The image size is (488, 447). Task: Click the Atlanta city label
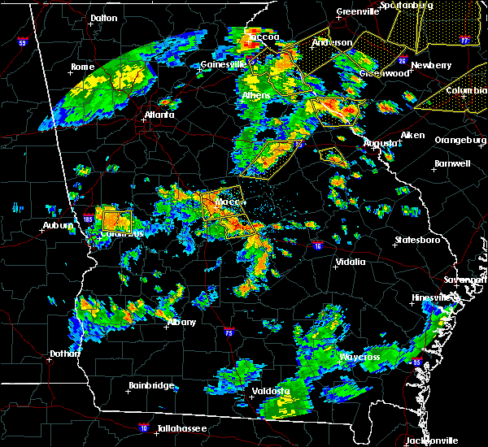pos(159,115)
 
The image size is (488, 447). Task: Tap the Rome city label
pos(82,67)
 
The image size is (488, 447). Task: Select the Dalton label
pos(103,17)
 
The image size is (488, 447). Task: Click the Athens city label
pos(256,96)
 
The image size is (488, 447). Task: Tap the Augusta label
pos(381,143)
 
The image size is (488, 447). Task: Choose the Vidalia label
pos(353,263)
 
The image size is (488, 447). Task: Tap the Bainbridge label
pos(151,386)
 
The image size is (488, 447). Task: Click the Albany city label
pos(182,323)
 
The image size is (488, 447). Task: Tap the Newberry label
pos(431,65)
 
